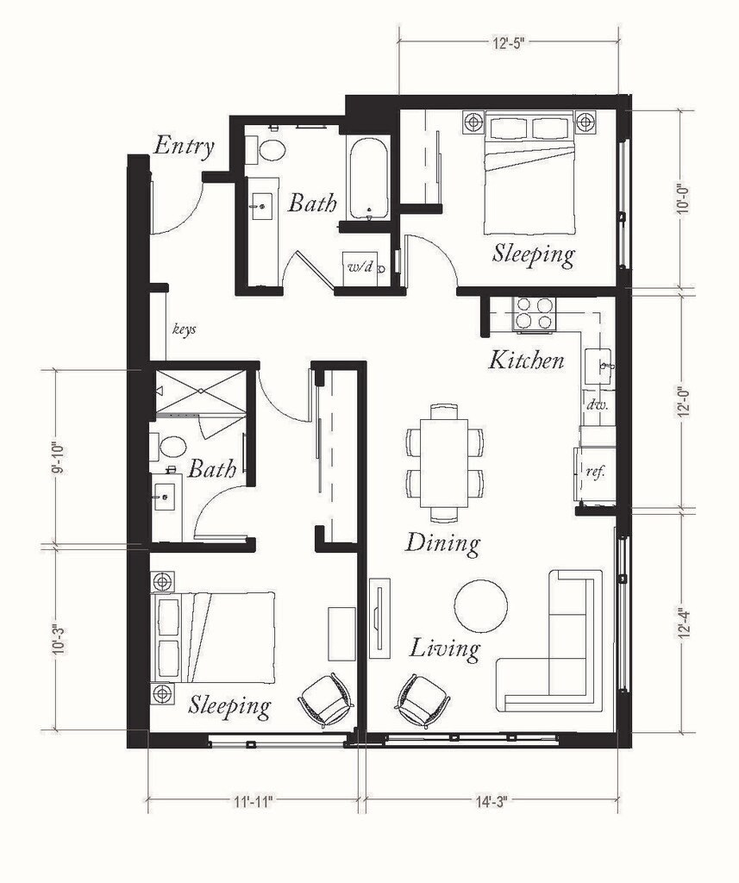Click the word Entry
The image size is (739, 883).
pyautogui.click(x=184, y=147)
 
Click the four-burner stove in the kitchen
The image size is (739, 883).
pyautogui.click(x=534, y=313)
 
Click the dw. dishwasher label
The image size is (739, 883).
pyautogui.click(x=597, y=404)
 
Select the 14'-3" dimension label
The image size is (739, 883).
pyautogui.click(x=491, y=802)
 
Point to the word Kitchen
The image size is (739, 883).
pyautogui.click(x=526, y=360)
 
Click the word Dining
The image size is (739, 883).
pyautogui.click(x=442, y=543)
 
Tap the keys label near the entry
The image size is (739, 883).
pyautogui.click(x=185, y=329)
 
